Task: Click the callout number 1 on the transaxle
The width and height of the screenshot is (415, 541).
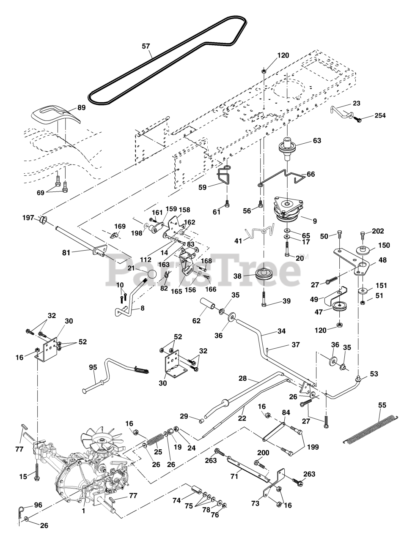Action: click(x=83, y=511)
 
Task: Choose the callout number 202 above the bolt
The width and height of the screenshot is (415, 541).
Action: click(x=378, y=231)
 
